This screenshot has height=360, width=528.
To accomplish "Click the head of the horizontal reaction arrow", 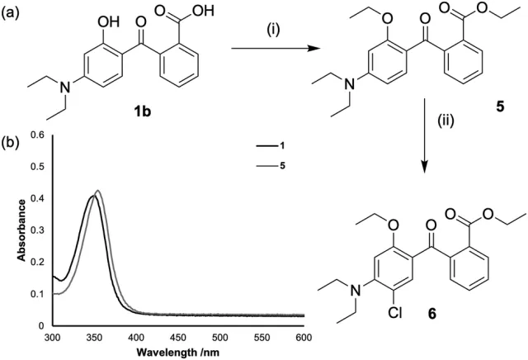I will coord(320,50).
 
